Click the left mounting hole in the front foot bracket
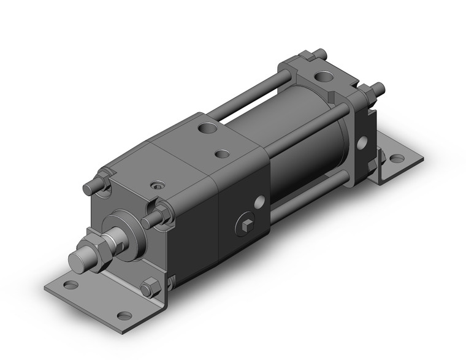pos(71,285)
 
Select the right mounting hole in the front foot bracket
pos(124,316)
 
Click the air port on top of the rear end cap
pos(321,79)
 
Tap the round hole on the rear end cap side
pos(362,142)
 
